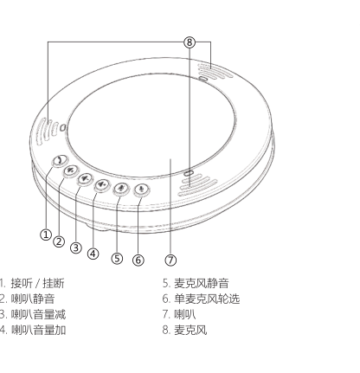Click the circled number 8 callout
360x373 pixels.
pos(190,42)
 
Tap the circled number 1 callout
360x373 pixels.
pos(46,235)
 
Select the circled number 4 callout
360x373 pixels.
pos(93,254)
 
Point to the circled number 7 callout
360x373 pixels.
pos(170,260)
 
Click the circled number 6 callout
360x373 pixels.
pos(138,260)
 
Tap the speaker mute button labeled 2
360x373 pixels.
pos(71,170)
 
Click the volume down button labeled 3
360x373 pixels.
pos(85,178)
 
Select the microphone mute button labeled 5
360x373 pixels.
pos(121,188)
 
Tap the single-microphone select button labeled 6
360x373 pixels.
pos(141,189)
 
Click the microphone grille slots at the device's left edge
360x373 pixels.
pos(47,131)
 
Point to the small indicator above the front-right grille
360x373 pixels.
pos(189,173)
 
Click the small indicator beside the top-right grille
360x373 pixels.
pos(203,79)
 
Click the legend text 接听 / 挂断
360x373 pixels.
pos(37,283)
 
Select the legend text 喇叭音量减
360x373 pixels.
pos(38,314)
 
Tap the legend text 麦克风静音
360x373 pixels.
pos(202,283)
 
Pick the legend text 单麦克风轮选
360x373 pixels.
pos(207,299)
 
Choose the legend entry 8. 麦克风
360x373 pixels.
pos(184,330)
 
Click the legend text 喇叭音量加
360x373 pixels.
pos(39,330)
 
